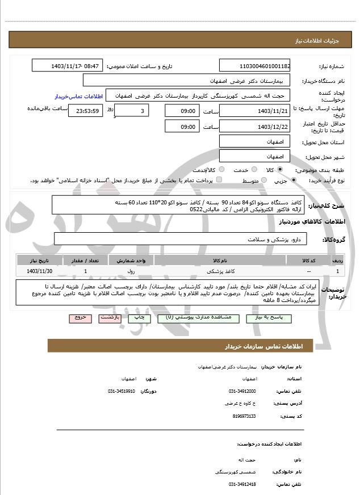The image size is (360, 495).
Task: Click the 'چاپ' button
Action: click(x=139, y=318)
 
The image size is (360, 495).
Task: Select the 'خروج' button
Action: click(x=79, y=318)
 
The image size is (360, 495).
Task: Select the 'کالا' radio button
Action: click(x=279, y=170)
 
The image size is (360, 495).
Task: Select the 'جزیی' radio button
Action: click(x=293, y=181)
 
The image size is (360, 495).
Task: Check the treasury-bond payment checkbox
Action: click(x=219, y=181)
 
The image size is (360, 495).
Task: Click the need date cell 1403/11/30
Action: click(x=38, y=272)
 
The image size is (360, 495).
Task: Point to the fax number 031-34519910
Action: click(x=122, y=391)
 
